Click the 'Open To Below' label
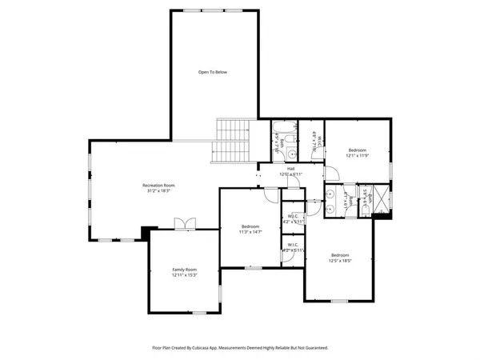(213, 72)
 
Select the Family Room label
(185, 270)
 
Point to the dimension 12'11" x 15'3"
(185, 275)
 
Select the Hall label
(292, 169)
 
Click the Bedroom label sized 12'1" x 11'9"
(357, 150)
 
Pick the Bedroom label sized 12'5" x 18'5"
(340, 255)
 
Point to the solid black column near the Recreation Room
(146, 233)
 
